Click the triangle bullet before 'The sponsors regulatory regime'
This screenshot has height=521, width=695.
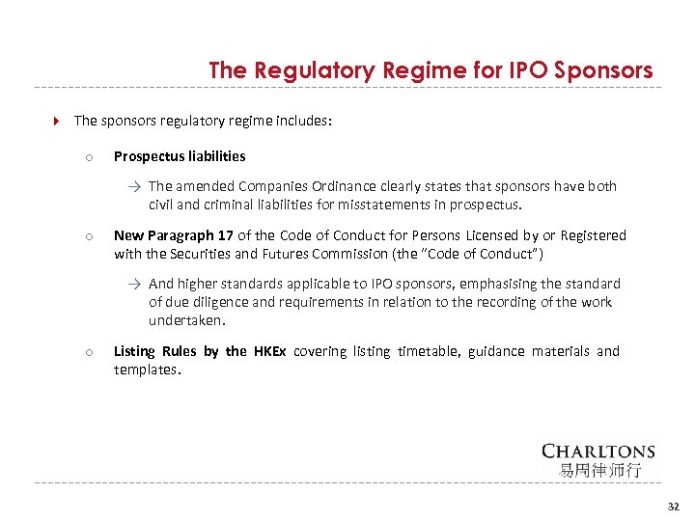tap(55, 122)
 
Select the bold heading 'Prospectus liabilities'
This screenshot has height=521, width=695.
tap(180, 156)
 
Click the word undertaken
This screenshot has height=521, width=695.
tap(186, 320)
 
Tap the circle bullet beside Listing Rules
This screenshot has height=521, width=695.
tap(87, 352)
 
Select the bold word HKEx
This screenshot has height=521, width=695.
tap(269, 351)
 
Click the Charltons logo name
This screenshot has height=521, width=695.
tap(598, 451)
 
